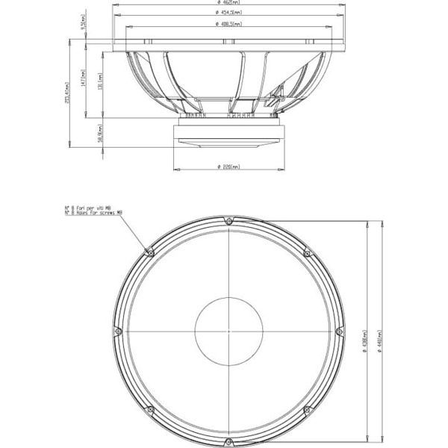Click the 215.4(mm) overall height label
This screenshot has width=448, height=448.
pos(67,93)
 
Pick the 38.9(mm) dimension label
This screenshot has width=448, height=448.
pos(100,134)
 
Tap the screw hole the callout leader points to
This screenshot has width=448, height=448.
pos(151,252)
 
